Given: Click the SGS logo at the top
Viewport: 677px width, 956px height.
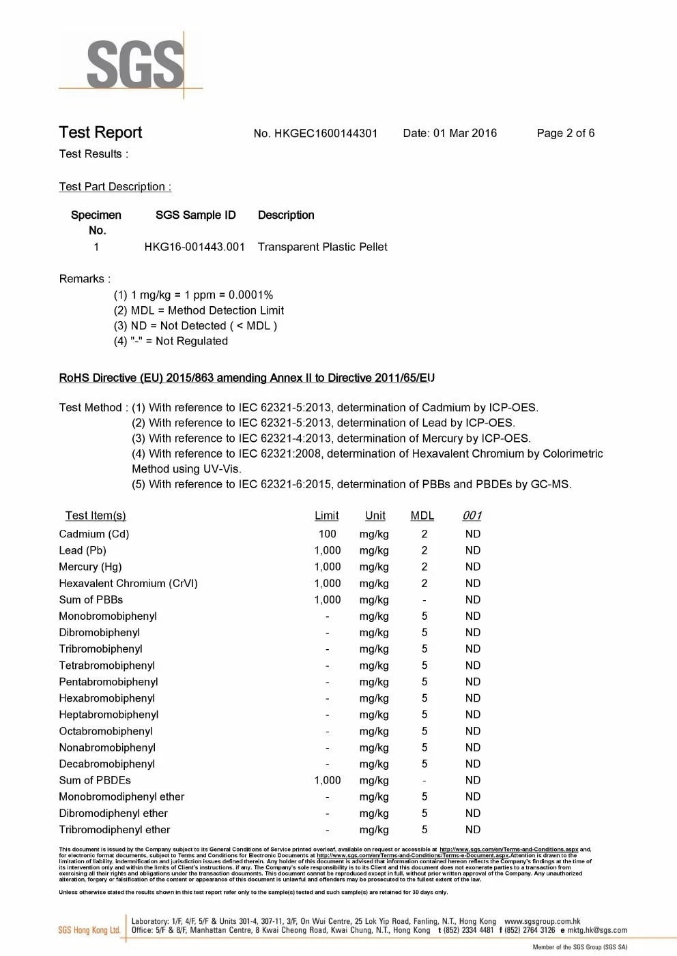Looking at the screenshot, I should pos(135,65).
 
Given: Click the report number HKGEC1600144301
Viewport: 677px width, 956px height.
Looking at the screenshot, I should pos(326,134).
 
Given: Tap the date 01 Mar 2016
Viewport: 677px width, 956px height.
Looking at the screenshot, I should pos(465,133).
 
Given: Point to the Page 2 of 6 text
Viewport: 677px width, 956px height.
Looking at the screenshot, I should pos(565,133).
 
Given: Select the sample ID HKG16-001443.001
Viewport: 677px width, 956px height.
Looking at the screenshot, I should pos(195,247).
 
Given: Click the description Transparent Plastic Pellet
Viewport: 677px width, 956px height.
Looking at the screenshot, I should pos(322,247).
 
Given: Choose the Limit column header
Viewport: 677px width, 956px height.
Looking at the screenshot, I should pos(326,516).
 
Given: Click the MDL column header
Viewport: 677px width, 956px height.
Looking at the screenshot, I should pos(422,516).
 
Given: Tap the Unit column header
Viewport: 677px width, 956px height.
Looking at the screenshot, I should pos(375,516).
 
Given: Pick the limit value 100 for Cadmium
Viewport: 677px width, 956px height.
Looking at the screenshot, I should pos(327,534).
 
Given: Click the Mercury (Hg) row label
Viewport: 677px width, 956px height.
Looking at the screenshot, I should pos(90,567).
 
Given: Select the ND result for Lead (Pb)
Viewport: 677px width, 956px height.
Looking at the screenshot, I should pos(473,550).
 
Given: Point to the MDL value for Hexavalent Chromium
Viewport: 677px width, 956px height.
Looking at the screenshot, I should pos(424,583).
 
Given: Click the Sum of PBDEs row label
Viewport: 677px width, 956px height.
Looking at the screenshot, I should pos(95,780).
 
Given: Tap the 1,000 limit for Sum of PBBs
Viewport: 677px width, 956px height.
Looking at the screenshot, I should pos(327,599).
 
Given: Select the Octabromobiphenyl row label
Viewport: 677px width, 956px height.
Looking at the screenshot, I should pos(106,731).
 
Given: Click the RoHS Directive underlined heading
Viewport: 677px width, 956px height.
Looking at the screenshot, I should pos(246,378).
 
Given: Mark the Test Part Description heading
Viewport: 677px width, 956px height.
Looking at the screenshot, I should pos(115,187).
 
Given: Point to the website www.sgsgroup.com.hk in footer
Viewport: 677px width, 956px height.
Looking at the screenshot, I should pos(542,921).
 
